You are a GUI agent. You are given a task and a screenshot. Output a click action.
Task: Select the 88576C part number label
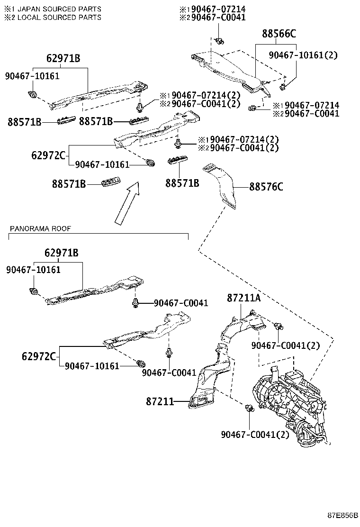[x=266, y=187]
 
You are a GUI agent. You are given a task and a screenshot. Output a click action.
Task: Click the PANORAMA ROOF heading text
[x=40, y=228]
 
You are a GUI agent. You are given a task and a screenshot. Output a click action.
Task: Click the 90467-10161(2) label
[x=303, y=55]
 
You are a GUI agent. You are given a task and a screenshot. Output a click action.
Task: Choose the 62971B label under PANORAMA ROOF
[x=62, y=253]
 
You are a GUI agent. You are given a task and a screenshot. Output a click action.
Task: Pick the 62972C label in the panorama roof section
[x=44, y=356]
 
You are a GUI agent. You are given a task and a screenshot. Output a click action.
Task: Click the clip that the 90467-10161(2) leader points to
[x=283, y=86]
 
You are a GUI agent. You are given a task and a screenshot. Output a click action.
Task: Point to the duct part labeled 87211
[x=208, y=384]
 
